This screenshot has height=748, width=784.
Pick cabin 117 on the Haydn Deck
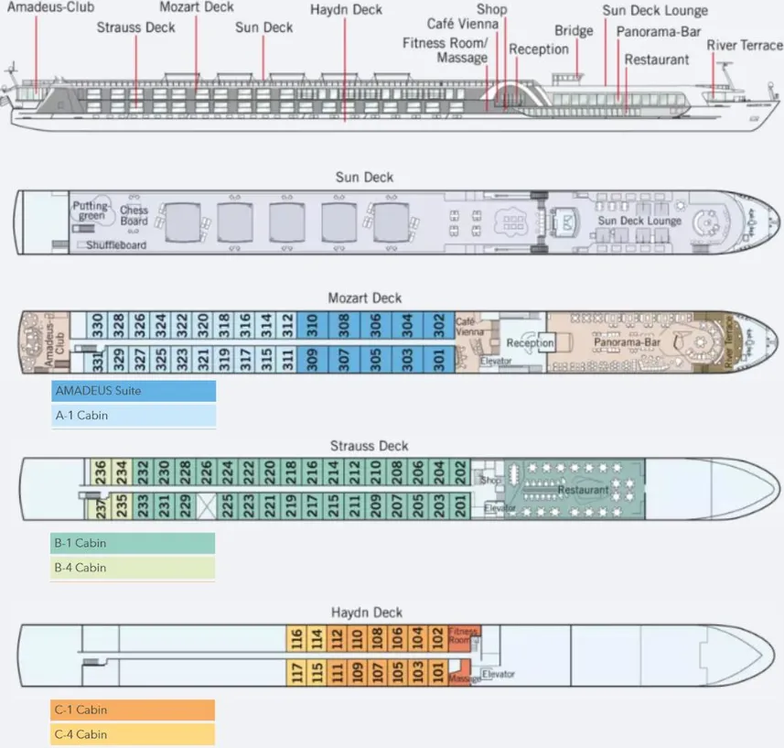[x=295, y=673]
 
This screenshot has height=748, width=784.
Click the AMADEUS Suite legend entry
[x=134, y=391]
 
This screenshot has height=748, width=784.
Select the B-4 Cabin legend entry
[x=134, y=568]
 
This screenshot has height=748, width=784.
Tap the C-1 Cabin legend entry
[x=134, y=710]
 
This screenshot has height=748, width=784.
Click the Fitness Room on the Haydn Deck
[x=462, y=636]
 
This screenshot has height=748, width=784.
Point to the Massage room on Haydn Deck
[x=464, y=678]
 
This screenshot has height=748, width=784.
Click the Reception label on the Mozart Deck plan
[x=531, y=343]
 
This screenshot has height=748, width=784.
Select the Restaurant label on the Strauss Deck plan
[x=583, y=491]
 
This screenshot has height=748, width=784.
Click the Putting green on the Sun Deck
[x=91, y=211]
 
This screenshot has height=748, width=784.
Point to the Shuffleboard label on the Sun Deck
[x=116, y=245]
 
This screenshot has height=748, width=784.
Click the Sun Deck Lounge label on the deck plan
[x=640, y=221]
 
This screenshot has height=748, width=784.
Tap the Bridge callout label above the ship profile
[x=574, y=31]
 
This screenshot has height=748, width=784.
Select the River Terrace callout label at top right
[x=745, y=46]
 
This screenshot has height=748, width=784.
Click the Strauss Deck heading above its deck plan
[x=369, y=446]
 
